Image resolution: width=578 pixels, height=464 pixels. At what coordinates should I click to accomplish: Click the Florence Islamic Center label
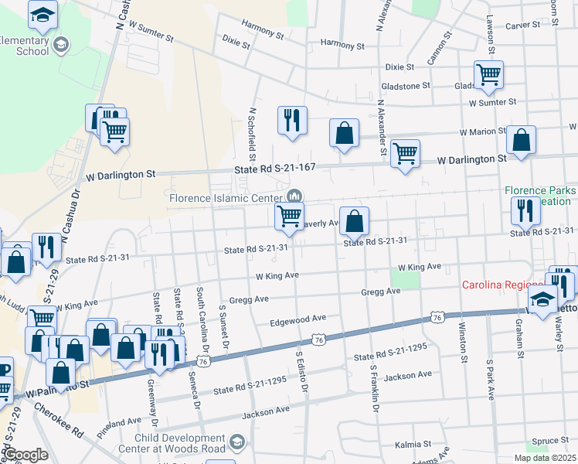point(223,197)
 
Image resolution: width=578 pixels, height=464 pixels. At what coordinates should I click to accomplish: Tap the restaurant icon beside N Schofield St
point(292,121)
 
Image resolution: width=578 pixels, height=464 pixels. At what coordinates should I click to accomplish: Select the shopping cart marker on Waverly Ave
point(289,217)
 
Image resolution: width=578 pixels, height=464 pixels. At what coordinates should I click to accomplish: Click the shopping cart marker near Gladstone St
point(488,75)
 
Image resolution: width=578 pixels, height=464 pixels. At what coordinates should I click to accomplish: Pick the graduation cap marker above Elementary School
point(42,15)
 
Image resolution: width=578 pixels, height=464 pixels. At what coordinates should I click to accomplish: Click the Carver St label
point(523,26)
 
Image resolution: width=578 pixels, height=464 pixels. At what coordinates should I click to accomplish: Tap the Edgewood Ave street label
point(297,319)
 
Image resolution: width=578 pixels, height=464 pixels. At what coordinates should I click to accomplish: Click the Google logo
point(25,455)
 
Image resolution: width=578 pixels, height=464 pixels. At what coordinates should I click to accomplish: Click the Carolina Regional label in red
point(507,285)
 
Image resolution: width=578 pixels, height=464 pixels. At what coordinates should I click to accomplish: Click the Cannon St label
point(437,52)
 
